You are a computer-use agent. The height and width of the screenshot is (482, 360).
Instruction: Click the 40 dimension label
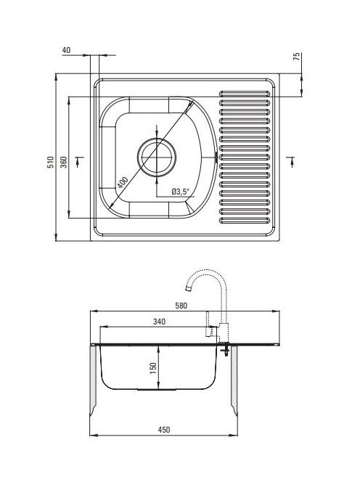(x=66, y=50)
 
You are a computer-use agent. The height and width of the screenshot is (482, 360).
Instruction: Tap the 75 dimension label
(x=297, y=56)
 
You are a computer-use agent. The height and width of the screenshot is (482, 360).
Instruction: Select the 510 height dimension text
(x=50, y=162)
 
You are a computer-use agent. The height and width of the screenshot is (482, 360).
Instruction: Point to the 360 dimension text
(x=63, y=162)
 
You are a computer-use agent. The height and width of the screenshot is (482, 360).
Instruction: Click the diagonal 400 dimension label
(x=123, y=183)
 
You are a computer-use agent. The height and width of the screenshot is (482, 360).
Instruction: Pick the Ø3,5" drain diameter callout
(x=181, y=192)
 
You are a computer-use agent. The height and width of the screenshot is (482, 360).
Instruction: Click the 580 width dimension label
(x=181, y=306)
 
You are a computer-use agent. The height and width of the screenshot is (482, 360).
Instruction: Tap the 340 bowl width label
(x=159, y=322)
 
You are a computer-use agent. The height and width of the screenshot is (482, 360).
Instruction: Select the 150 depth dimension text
(x=153, y=368)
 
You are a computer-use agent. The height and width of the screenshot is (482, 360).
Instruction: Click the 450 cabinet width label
(x=164, y=430)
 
